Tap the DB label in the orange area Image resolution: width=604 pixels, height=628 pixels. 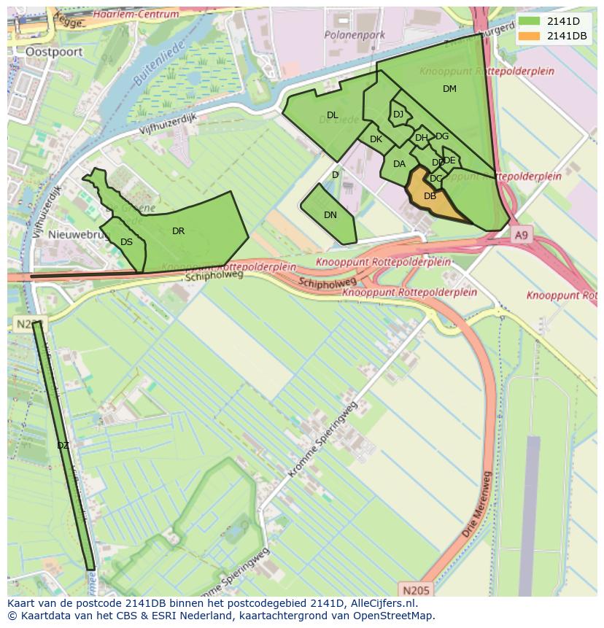[x=430, y=195]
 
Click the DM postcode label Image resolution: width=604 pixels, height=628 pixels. [x=449, y=89]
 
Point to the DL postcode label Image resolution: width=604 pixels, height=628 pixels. [x=332, y=115]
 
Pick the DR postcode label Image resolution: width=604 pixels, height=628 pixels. [x=178, y=231]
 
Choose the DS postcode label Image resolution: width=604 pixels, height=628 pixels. [x=126, y=242]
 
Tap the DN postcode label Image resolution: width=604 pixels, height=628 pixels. [x=330, y=215]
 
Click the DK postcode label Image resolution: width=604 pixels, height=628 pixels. [x=376, y=139]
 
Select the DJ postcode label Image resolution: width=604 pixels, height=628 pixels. [x=398, y=115]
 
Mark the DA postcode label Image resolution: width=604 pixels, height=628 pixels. [x=399, y=164]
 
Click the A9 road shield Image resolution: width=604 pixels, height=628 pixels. [x=520, y=235]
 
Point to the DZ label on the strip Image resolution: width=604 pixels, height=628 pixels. [x=63, y=445]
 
